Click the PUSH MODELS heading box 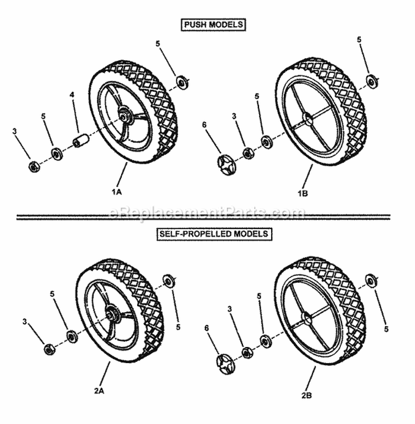click(x=212, y=24)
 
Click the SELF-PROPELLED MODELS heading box click(x=214, y=234)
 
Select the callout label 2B click(x=308, y=396)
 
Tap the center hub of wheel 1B click(x=307, y=118)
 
